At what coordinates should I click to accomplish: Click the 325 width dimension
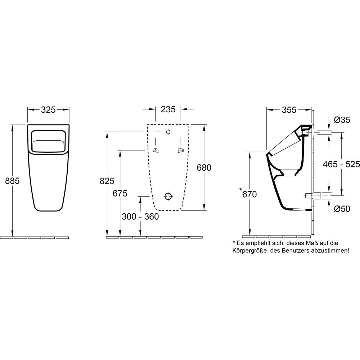tap(49, 110)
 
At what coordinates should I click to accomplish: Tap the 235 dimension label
tap(168, 109)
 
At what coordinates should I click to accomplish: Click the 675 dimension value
tap(120, 193)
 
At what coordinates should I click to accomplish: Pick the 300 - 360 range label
tap(140, 216)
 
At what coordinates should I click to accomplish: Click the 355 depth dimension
tap(289, 110)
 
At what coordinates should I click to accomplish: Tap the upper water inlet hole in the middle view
tap(168, 132)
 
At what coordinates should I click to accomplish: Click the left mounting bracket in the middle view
tap(156, 150)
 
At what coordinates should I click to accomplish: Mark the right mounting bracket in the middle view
tap(181, 150)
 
